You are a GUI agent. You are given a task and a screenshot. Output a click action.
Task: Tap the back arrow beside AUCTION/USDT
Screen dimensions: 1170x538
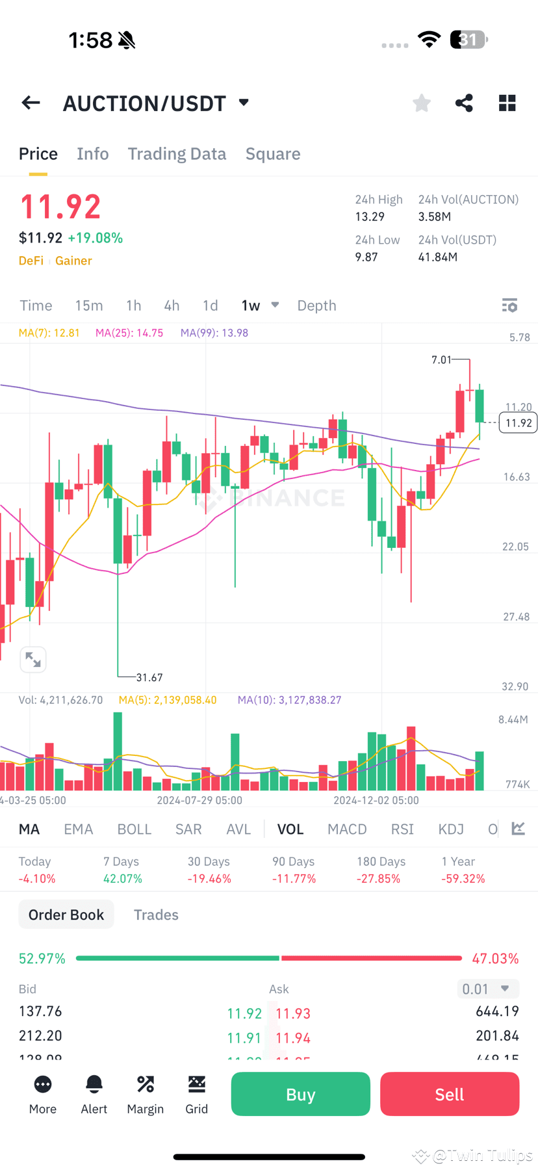click(31, 103)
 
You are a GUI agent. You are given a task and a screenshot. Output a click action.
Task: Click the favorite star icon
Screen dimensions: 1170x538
click(422, 103)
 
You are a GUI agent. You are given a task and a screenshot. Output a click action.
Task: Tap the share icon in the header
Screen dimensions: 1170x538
click(464, 103)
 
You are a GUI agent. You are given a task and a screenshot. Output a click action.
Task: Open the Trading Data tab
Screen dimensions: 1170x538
click(177, 154)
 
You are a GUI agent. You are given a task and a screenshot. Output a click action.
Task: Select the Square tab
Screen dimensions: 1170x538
click(273, 154)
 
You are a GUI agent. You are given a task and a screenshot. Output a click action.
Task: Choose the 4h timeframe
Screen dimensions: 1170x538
click(172, 305)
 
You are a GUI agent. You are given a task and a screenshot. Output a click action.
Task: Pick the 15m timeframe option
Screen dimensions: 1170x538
click(89, 305)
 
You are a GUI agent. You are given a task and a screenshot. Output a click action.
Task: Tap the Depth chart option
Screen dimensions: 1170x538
click(316, 305)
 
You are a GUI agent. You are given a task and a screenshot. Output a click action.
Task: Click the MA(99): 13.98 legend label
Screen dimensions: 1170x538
click(214, 333)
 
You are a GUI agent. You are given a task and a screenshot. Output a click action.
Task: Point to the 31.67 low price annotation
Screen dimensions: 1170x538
click(149, 677)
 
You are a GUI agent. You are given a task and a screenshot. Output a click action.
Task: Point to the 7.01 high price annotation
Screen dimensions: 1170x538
click(441, 359)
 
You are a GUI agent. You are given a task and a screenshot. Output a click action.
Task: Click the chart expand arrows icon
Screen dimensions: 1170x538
click(33, 660)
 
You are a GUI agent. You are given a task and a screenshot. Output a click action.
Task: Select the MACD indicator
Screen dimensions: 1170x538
click(347, 829)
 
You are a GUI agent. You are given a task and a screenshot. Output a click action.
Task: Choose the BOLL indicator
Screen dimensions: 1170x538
click(134, 829)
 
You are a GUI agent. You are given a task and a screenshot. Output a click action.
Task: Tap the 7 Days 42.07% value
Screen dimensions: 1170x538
click(123, 878)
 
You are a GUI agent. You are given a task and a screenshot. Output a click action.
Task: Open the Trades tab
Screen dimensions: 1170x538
click(156, 915)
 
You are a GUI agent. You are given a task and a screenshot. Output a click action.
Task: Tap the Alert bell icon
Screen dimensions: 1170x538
click(94, 1085)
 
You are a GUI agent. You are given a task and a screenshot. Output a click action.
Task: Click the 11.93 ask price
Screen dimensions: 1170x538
click(293, 1013)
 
